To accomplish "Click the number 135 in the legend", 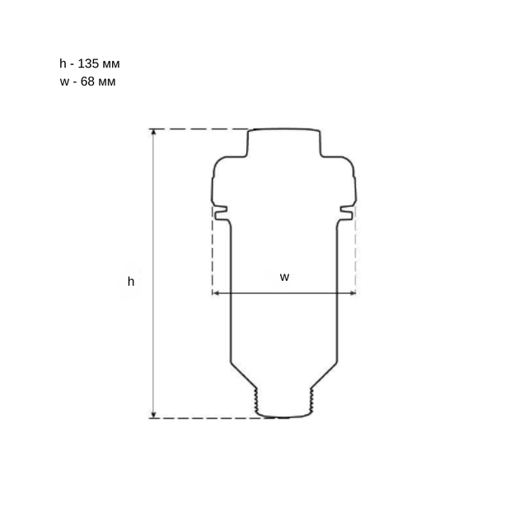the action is point(88,63).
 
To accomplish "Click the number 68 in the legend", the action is point(87,82).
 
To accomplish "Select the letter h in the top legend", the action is point(63,63).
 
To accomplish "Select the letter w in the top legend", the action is point(64,82).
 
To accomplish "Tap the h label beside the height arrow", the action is point(131,282).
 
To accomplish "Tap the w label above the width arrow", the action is point(284,277).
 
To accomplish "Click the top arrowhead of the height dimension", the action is point(153,132).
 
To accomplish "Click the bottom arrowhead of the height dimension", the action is point(153,415).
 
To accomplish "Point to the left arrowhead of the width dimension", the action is point(216,293).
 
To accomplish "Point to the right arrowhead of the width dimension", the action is point(353,293).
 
